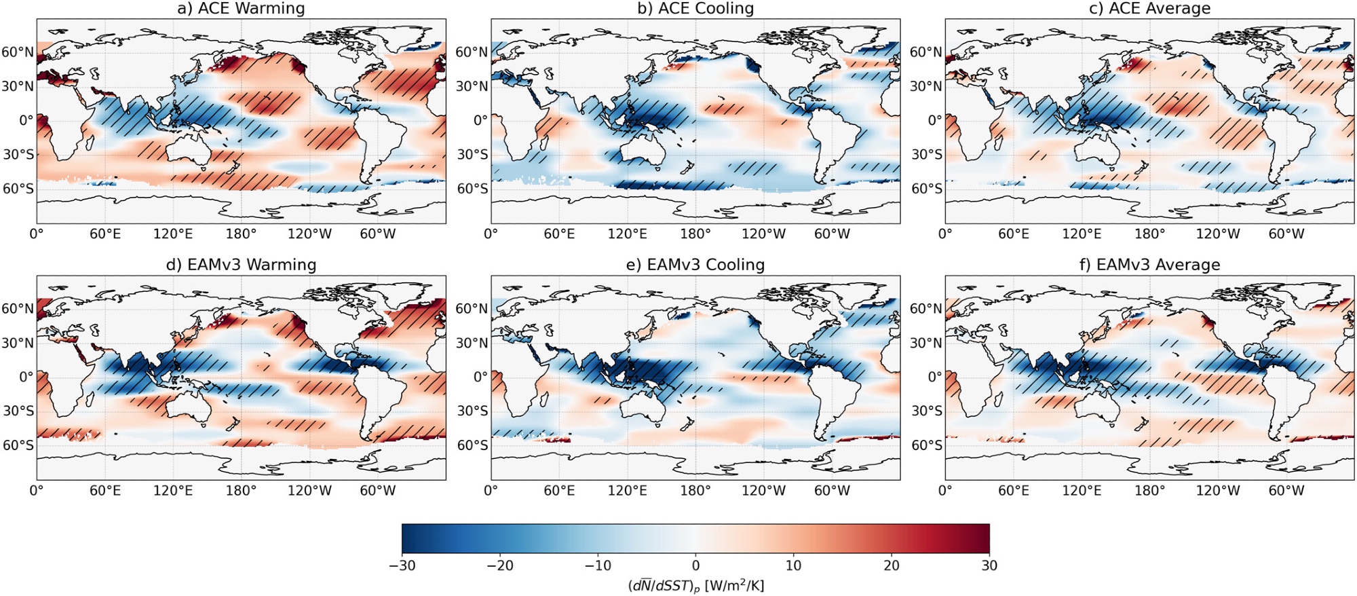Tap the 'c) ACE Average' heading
tap(1149, 8)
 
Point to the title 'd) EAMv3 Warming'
tap(241, 265)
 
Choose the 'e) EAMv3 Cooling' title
tap(695, 265)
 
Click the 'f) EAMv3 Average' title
tap(1149, 265)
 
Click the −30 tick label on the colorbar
tap(402, 565)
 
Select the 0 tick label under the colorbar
tap(695, 565)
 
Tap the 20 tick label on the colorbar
tap(892, 565)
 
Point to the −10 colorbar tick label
tap(597, 565)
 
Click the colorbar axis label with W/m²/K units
tap(695, 585)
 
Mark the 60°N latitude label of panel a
tap(18, 52)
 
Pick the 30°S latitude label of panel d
tap(18, 411)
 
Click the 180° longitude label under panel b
tap(695, 234)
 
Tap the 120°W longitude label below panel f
tap(1218, 491)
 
